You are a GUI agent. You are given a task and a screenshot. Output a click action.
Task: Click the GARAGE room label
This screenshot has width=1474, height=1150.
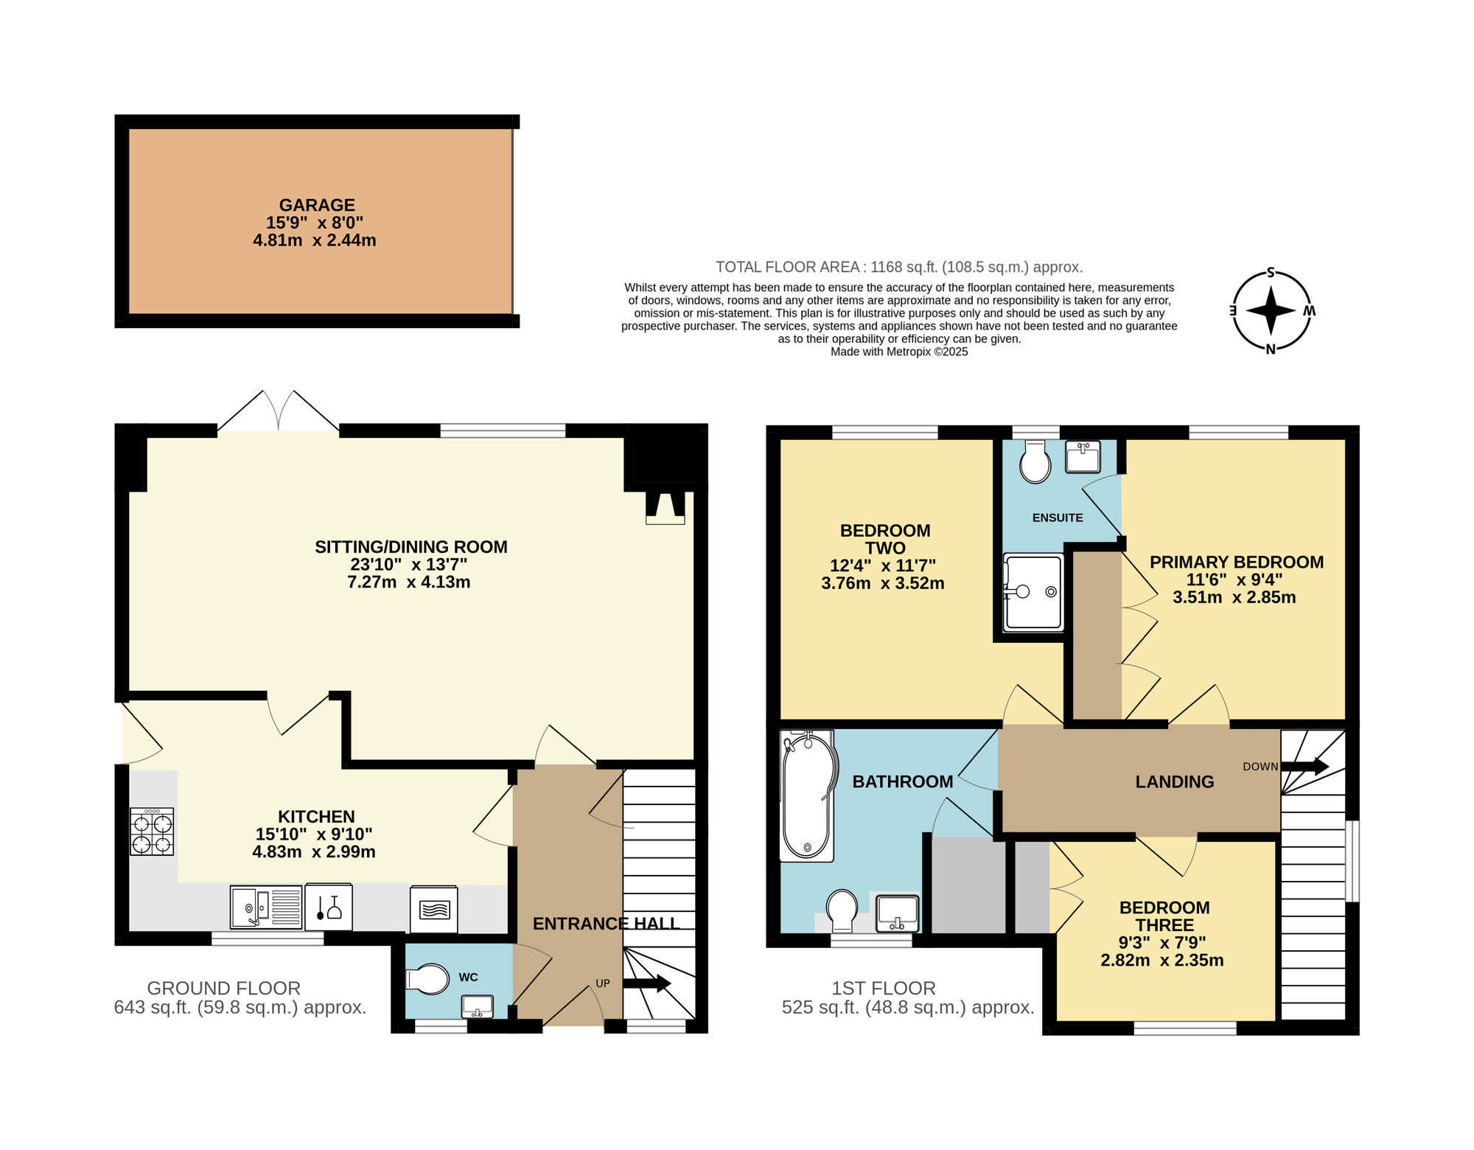pos(317,205)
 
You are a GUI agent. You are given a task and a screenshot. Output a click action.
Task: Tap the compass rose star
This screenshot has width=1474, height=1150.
pos(1271,310)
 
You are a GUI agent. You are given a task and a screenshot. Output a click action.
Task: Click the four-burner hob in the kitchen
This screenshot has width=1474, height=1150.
pos(152,832)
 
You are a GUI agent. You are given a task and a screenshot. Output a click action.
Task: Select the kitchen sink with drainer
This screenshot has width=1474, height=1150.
pos(265,907)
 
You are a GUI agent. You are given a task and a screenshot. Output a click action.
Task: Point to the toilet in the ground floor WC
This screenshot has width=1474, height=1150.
pos(427,980)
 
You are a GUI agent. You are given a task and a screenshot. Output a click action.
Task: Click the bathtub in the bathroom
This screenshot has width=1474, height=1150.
pos(808,796)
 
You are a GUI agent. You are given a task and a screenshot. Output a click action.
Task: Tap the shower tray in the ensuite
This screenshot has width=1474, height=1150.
pos(1033,592)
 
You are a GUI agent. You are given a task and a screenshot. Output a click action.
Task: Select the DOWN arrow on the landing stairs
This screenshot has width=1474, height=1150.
pos(1305,767)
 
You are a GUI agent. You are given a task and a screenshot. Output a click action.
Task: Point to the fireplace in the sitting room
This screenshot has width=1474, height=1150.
pos(666,508)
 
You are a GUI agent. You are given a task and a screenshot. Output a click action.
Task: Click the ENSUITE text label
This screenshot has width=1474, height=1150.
pos(1058,518)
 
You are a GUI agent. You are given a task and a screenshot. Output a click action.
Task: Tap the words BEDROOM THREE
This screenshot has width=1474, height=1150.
pos(1164,916)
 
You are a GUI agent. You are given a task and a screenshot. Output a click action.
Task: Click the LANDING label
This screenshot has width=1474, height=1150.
pos(1175,781)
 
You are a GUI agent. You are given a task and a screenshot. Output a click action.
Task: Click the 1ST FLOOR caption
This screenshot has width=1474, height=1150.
pos(884,988)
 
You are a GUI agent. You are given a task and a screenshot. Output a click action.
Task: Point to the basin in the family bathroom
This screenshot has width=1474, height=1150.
pos(897,913)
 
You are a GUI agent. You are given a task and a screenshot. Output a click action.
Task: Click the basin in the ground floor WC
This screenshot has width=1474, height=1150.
pos(477,1006)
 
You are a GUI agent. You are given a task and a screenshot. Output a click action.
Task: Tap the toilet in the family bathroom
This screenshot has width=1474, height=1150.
pos(842,911)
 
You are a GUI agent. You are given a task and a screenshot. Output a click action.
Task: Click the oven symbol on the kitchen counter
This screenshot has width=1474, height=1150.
pos(434,909)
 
